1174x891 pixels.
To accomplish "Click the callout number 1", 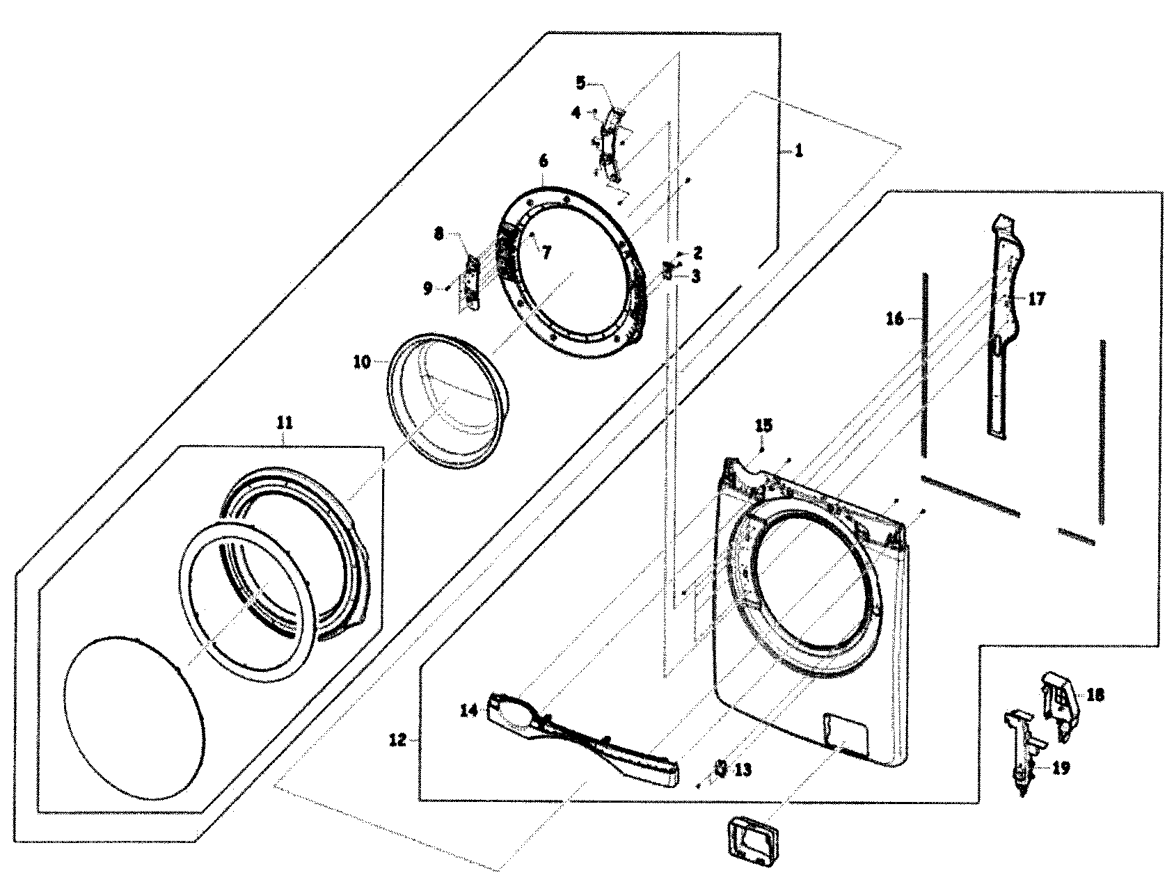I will point(799,151).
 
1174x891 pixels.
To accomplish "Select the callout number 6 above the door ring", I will point(543,161).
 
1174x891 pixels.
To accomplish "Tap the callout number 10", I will point(361,362).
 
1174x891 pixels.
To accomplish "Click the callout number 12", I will point(397,741).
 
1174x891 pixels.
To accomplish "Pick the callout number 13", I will point(743,770).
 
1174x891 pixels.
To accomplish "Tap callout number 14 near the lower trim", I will point(468,710).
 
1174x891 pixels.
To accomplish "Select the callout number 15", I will point(763,425).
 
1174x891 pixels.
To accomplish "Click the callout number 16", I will point(896,319).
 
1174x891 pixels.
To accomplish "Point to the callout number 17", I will point(1036,300).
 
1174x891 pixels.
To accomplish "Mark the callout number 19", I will point(1061,768).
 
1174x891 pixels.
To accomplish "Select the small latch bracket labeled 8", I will point(471,283).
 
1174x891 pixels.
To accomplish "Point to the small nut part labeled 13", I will point(721,767).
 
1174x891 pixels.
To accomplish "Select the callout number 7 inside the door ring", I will point(547,252).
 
